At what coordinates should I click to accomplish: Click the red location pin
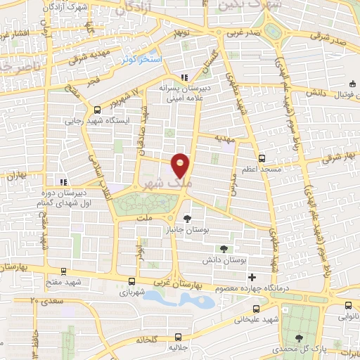pos(181,165)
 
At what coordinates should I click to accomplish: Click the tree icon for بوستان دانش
pos(224,249)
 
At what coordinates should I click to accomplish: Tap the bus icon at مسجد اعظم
pos(262,158)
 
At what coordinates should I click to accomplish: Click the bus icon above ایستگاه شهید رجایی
pos(96,108)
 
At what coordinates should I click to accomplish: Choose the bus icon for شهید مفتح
pos(64,271)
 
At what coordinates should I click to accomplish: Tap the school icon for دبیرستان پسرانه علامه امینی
pos(184,77)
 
